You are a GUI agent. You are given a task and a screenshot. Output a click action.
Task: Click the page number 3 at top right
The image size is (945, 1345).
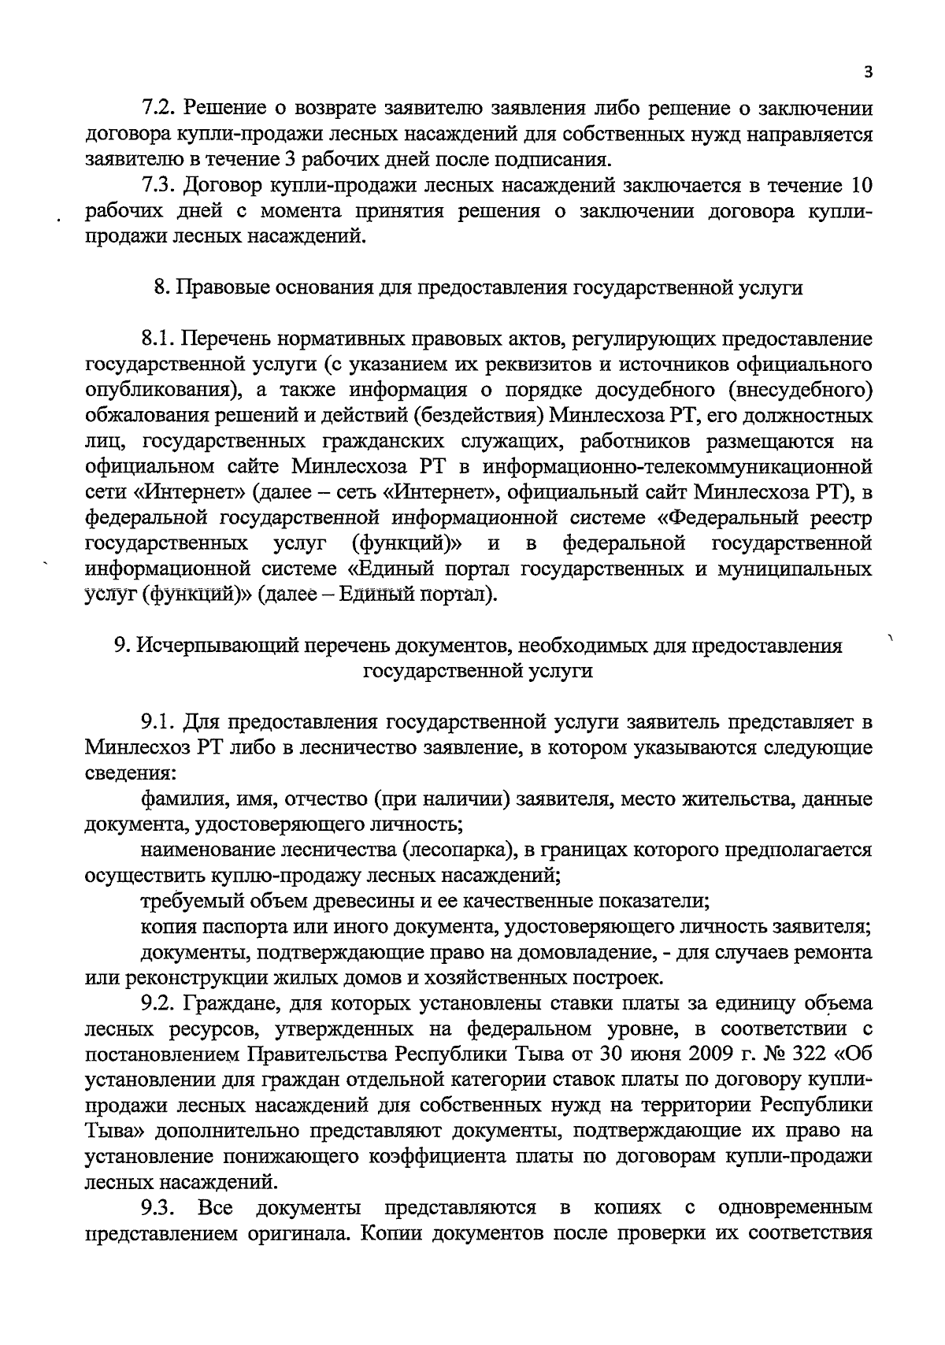[867, 72]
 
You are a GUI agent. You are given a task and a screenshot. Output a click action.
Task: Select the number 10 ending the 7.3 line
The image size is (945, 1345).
[858, 186]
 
